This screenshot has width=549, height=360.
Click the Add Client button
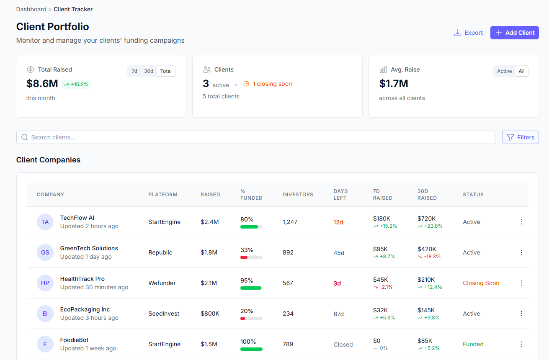click(514, 33)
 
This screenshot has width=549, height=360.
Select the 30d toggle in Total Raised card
click(149, 71)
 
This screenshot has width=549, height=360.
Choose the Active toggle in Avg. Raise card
click(504, 71)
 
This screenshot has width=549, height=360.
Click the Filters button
click(520, 137)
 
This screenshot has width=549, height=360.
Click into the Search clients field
click(255, 137)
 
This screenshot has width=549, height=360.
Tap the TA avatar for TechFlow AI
click(45, 222)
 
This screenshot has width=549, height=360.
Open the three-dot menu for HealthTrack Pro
click(521, 283)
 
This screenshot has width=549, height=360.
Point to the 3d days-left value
click(337, 283)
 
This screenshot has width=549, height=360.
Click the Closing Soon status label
click(481, 283)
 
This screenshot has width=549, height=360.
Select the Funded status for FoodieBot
click(473, 344)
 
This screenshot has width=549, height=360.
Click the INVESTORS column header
click(298, 195)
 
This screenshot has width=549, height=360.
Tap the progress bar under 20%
click(251, 319)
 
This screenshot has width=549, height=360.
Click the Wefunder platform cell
click(162, 283)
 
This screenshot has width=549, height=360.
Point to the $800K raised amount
click(210, 314)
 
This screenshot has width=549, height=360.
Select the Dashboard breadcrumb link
click(31, 9)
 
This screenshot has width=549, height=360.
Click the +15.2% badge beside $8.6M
click(76, 85)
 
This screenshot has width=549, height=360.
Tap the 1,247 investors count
click(290, 222)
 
